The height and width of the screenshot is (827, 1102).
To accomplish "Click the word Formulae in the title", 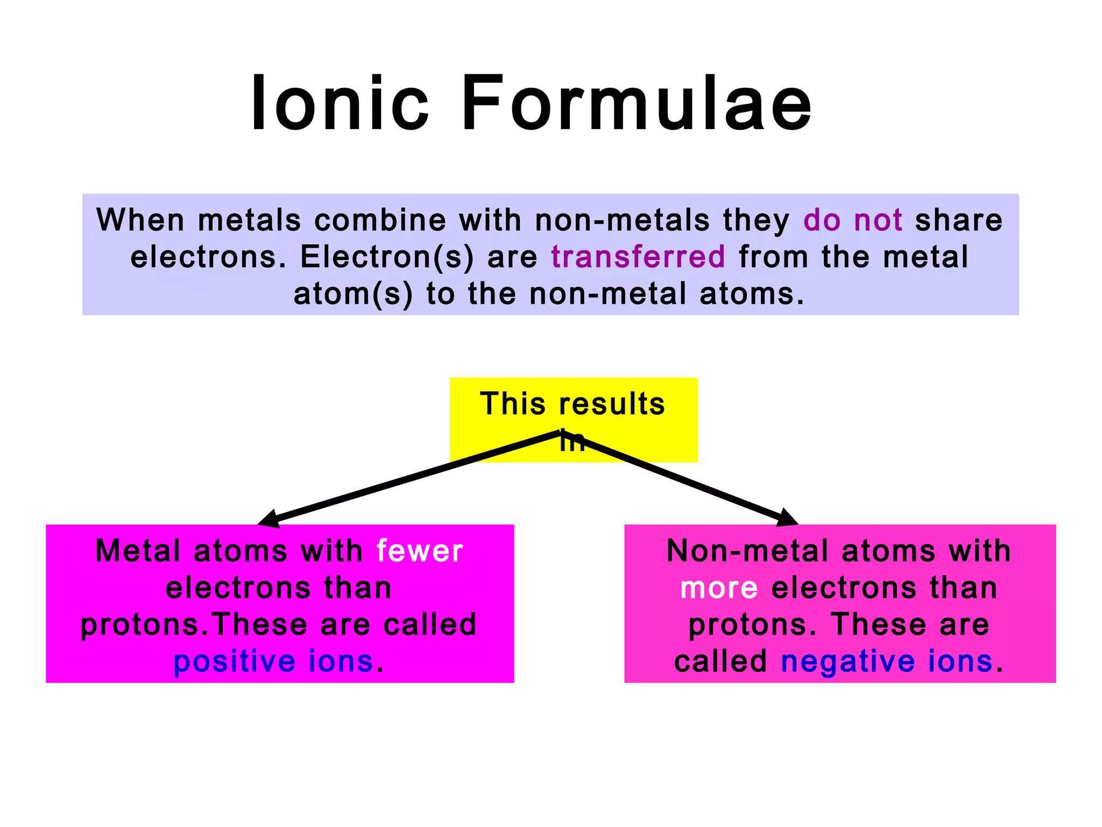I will point(637,103).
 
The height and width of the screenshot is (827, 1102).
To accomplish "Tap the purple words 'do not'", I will point(852,220).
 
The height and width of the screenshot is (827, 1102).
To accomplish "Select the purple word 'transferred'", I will point(638,257).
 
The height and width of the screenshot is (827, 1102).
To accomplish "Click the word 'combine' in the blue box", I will point(380,220).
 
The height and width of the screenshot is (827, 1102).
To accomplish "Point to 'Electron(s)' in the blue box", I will point(387,257).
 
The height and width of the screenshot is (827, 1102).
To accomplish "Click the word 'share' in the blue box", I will point(958,220).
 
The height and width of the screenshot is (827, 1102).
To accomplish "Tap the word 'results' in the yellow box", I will point(612,404).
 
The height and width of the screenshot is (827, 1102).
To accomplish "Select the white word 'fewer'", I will point(419,551).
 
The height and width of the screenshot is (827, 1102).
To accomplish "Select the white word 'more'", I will point(719,588).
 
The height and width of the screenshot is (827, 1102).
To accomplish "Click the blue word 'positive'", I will point(234,662).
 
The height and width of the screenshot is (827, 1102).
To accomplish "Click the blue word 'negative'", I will point(847,662).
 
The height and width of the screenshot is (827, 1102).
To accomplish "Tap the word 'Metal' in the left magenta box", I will point(138,551).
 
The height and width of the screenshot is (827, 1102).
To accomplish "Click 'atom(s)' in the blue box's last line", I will point(353,294).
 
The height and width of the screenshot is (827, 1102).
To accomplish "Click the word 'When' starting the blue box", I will point(140,220).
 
